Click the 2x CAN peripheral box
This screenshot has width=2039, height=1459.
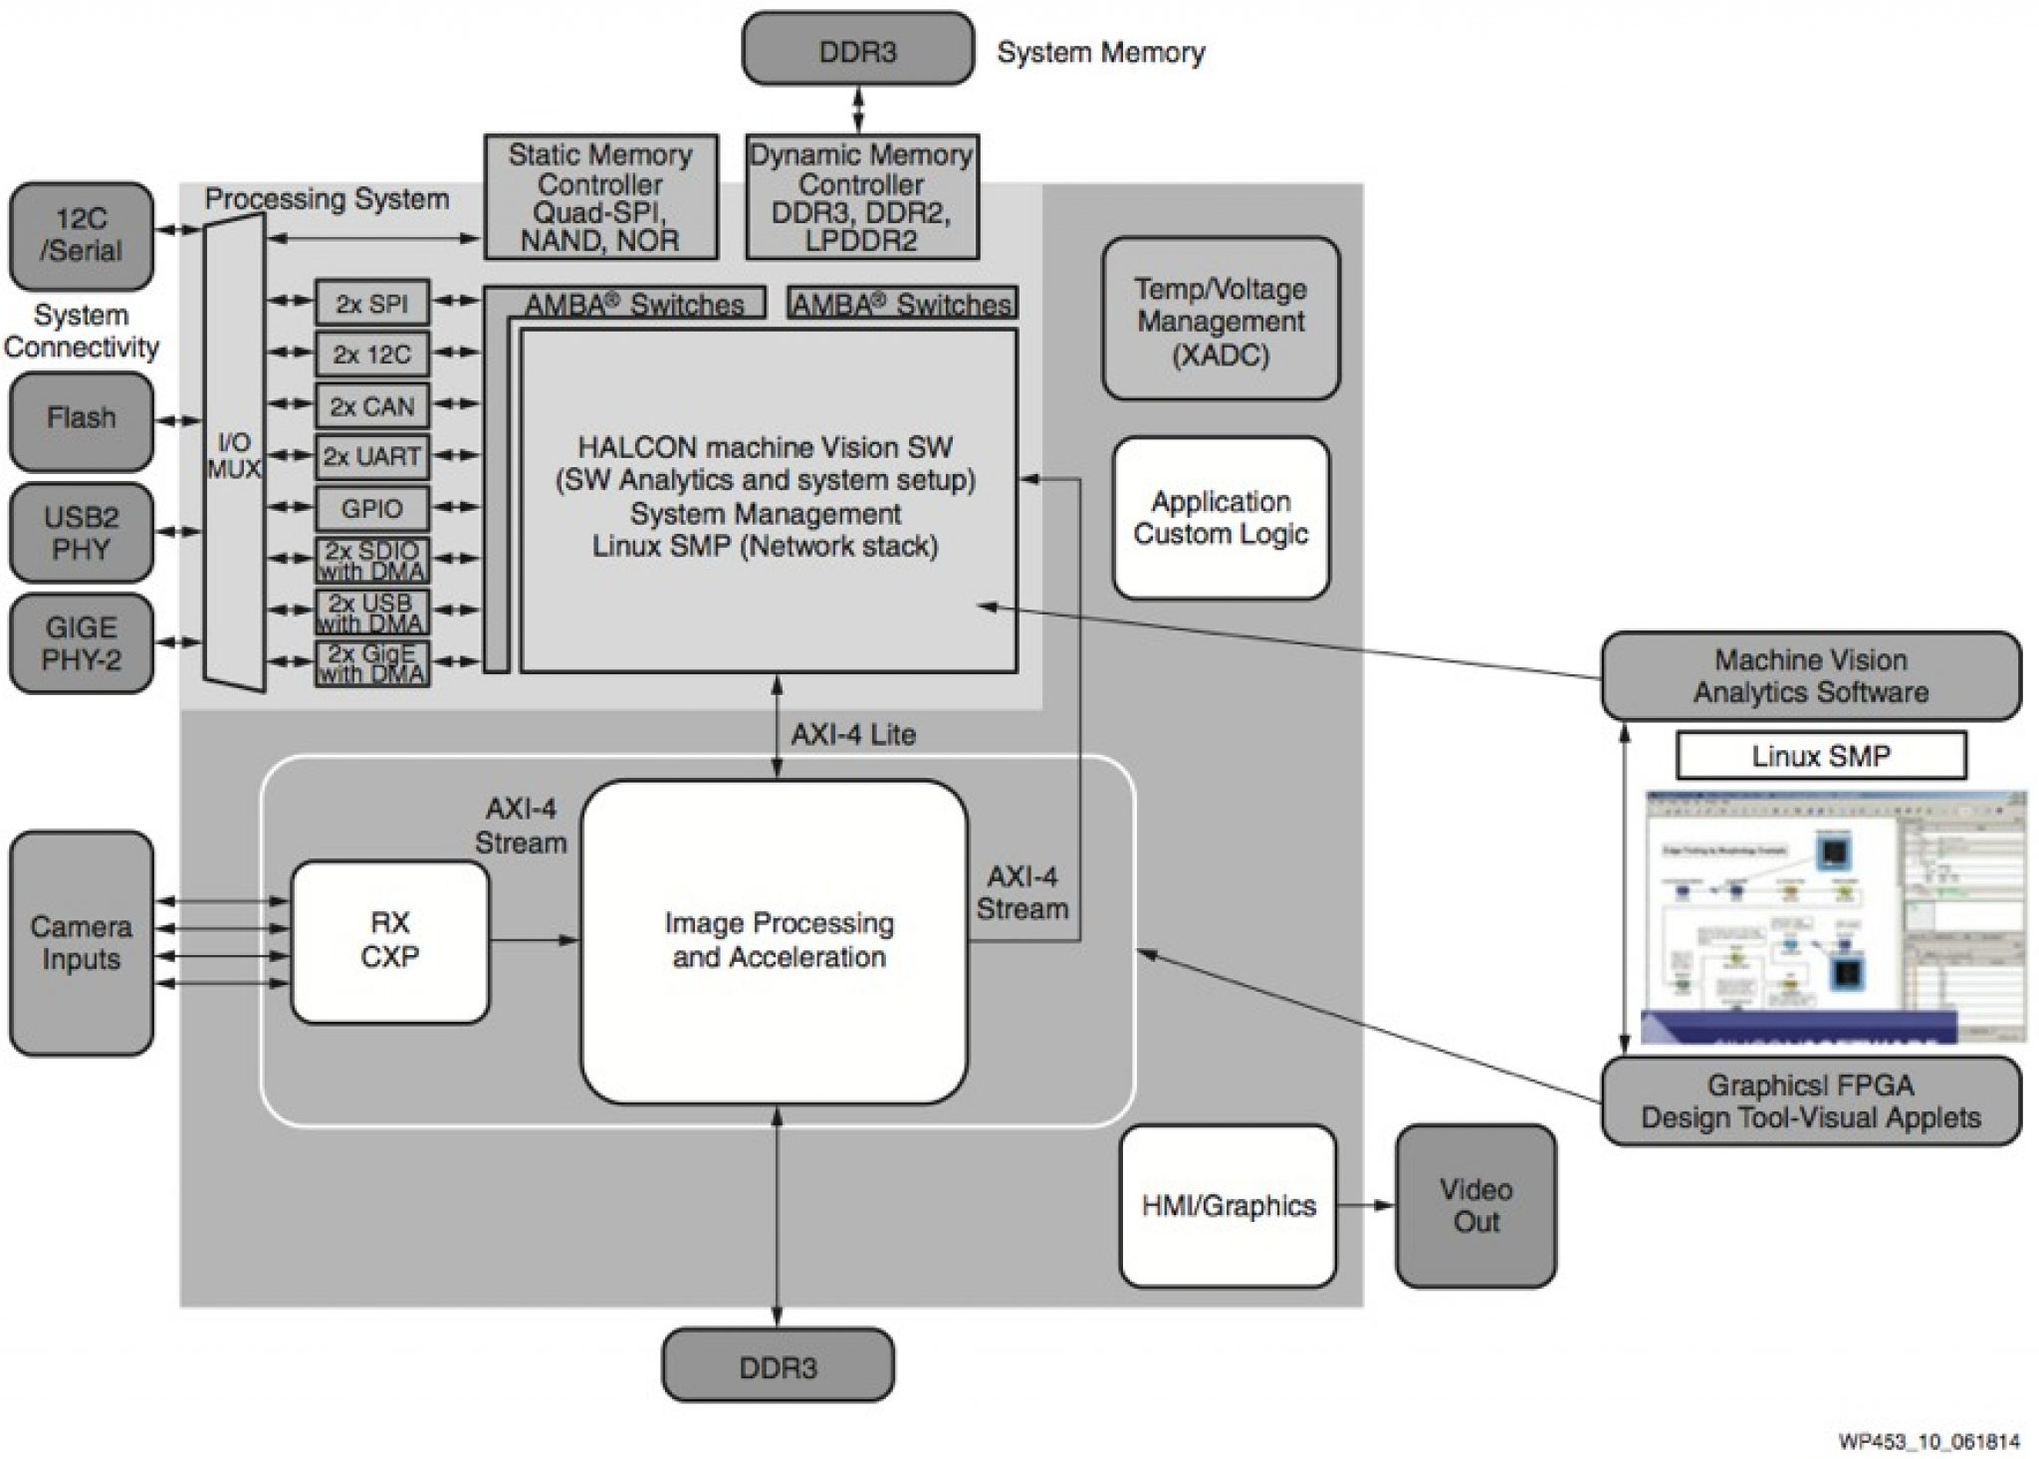click(372, 406)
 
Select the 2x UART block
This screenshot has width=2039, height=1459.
click(372, 457)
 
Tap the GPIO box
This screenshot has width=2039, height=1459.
click(372, 509)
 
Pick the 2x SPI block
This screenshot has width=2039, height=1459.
click(372, 303)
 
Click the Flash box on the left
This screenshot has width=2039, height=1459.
click(82, 419)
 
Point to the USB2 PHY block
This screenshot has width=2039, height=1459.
click(82, 533)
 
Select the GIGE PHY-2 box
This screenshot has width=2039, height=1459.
click(82, 643)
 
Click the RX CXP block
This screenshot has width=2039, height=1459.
click(390, 941)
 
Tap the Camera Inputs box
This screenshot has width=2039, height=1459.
click(82, 942)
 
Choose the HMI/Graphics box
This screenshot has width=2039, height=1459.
click(1228, 1205)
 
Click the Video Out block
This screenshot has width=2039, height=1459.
click(1475, 1205)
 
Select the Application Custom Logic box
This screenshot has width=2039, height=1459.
click(1221, 518)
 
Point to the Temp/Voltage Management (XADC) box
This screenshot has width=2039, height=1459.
click(1221, 319)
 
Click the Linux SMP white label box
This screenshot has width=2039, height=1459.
click(1821, 756)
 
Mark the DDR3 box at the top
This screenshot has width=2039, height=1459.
click(857, 49)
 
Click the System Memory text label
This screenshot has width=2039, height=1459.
click(1100, 53)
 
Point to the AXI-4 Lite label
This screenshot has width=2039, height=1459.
click(853, 735)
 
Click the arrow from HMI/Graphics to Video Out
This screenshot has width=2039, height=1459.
click(1365, 1205)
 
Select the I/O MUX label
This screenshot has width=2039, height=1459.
click(234, 455)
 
